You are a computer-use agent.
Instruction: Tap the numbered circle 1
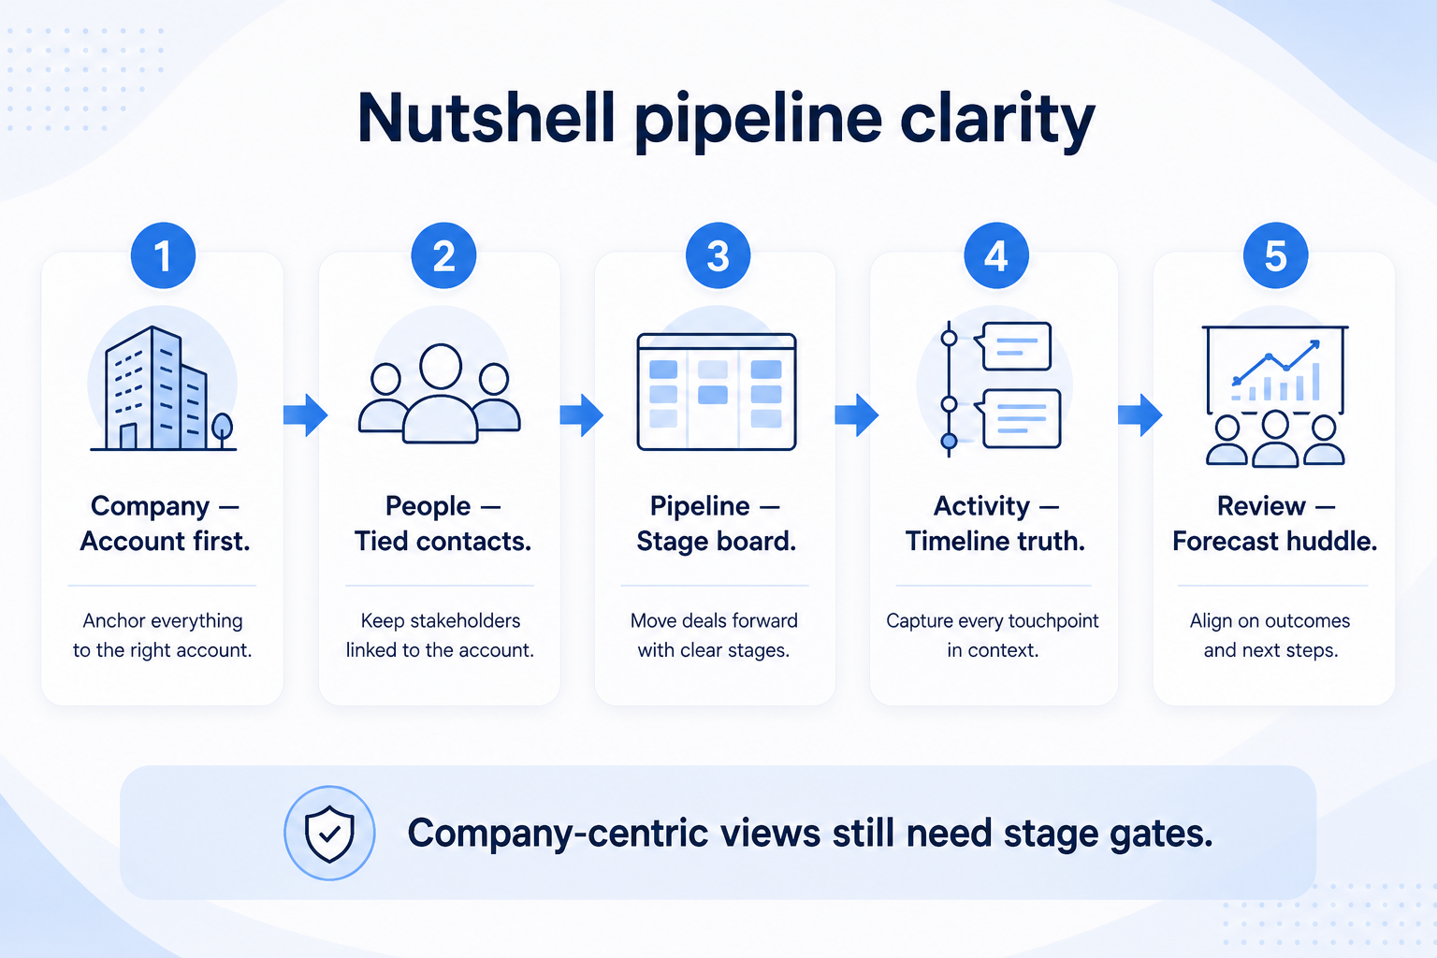click(x=163, y=255)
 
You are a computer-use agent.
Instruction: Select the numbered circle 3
click(x=718, y=255)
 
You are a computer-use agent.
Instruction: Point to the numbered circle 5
click(x=1275, y=255)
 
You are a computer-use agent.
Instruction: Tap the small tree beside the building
click(x=222, y=430)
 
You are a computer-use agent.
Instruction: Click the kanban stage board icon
click(x=717, y=391)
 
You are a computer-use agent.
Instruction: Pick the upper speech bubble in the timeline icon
click(x=1013, y=346)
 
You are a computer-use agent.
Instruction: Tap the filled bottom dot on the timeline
click(x=949, y=441)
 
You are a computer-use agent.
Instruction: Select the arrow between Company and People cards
click(x=305, y=415)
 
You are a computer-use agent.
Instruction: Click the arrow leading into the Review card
click(x=1140, y=415)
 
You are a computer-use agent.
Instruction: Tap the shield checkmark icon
click(x=329, y=833)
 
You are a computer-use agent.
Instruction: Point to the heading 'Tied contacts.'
click(x=443, y=541)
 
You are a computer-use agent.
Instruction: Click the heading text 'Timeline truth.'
click(x=994, y=541)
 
